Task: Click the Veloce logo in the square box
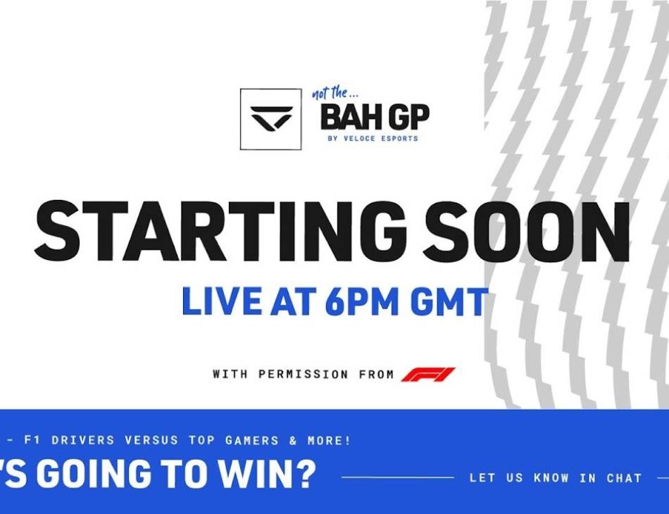click(x=271, y=118)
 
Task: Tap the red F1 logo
click(x=428, y=374)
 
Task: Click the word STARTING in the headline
click(x=220, y=230)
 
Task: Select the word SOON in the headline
click(x=526, y=230)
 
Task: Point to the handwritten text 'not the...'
click(x=335, y=92)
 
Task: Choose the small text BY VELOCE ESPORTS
click(x=373, y=138)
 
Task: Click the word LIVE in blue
click(x=222, y=301)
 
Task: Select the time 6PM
click(x=362, y=301)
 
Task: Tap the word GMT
click(x=449, y=301)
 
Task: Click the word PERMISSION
click(x=304, y=374)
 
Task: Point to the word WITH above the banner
click(x=230, y=374)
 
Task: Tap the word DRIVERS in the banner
click(x=83, y=440)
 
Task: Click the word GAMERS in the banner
click(x=251, y=440)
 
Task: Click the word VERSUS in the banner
click(x=151, y=440)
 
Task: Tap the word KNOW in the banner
click(x=551, y=478)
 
